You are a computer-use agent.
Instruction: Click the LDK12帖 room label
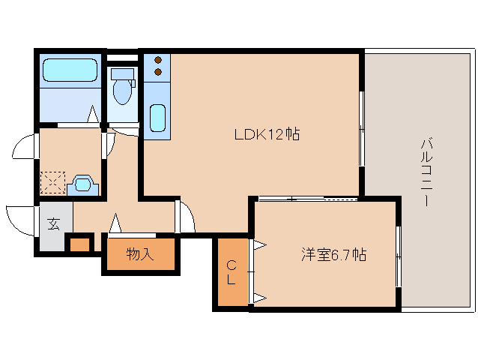click(267, 134)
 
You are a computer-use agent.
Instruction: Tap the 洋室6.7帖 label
click(334, 254)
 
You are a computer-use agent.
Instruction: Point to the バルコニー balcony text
click(426, 172)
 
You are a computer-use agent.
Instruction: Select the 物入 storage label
click(140, 253)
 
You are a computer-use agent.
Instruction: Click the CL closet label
click(232, 272)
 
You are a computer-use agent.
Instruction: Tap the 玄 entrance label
click(53, 224)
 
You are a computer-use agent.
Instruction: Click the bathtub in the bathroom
click(70, 70)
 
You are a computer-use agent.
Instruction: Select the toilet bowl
click(123, 91)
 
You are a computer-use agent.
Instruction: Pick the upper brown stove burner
click(158, 60)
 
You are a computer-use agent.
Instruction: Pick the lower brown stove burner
click(158, 72)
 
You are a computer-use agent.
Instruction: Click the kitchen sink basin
click(157, 118)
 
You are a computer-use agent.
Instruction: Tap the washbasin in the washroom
click(83, 184)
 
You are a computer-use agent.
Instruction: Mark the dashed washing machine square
click(53, 182)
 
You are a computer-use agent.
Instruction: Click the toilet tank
click(123, 73)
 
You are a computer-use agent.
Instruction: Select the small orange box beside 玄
click(79, 244)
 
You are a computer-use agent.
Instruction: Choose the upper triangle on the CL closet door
click(260, 244)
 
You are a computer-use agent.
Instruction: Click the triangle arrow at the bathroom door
click(93, 114)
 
